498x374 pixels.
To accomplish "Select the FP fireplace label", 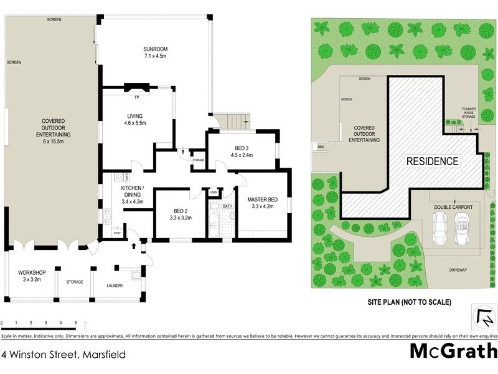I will point(136,97).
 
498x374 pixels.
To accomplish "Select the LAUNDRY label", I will point(115,285).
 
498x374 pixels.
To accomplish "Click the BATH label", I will point(227,206).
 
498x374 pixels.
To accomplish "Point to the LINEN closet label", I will point(214,193).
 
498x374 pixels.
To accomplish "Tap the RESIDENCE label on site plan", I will point(433,161).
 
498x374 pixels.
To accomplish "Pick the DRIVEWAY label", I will point(458,270).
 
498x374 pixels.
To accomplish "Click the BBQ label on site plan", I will point(321,148).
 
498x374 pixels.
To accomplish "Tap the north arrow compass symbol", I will point(483,317).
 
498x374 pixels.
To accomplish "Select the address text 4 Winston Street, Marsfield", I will point(63,355).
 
